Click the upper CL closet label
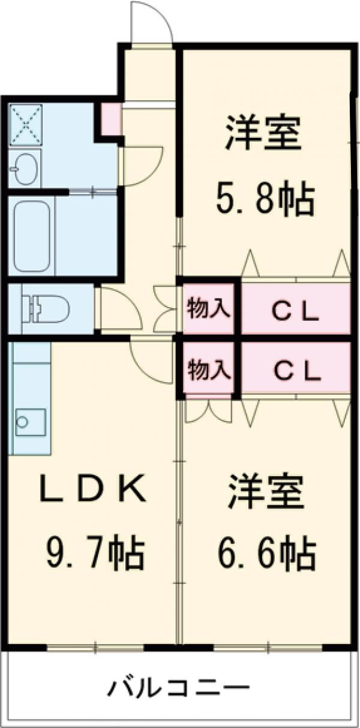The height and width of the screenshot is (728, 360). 293,309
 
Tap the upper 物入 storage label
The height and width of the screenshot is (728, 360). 208,309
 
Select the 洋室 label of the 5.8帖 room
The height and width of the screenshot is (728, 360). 262,136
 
